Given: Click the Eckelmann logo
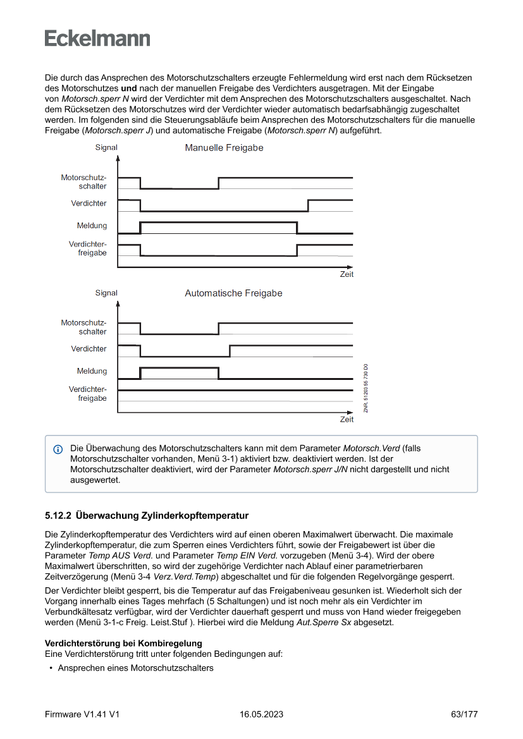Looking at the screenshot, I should tap(97, 39).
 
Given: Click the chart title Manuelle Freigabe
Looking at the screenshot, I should tap(224, 148).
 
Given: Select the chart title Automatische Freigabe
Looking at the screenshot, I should tap(233, 293).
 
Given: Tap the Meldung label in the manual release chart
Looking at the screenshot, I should tap(92, 226).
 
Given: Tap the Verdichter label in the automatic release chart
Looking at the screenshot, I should tap(89, 349).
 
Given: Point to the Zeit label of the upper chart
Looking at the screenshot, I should tap(347, 274).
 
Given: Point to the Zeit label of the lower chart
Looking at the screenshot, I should tap(347, 420).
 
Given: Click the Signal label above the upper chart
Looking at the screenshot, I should tap(106, 148).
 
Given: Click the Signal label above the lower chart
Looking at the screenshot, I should tap(106, 293).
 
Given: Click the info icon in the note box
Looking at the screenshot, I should tap(58, 449).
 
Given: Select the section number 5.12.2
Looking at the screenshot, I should tap(58, 515).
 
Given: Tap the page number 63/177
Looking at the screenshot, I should tap(464, 714).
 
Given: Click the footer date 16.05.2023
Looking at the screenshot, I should tap(261, 714).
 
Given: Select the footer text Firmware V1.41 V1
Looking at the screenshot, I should tap(82, 714).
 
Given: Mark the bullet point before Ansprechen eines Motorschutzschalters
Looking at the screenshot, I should tap(50, 668).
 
